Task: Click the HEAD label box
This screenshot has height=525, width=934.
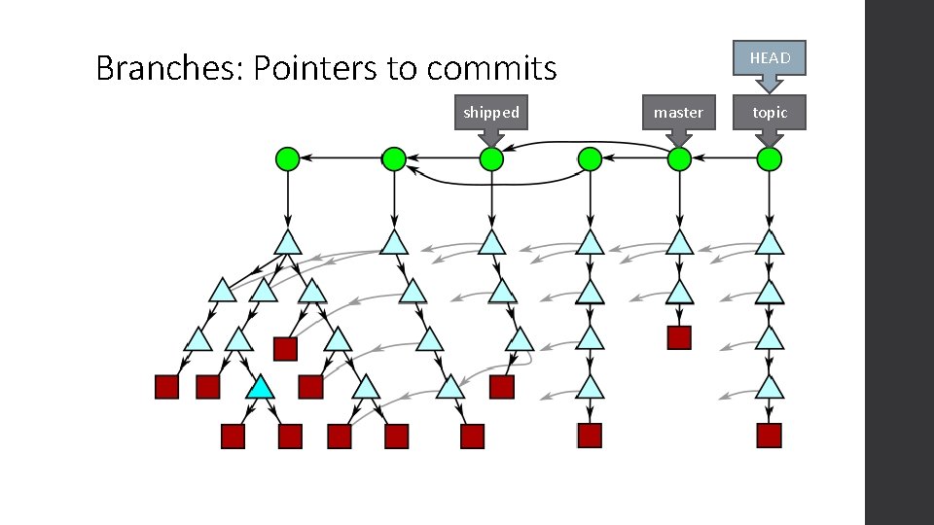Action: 770,58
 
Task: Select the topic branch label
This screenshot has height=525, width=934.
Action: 770,113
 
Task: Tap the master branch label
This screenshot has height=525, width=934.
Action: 678,113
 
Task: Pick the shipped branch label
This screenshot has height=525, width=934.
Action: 491,113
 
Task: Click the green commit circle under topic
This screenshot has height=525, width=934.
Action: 770,158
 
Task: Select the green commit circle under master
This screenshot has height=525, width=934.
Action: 679,158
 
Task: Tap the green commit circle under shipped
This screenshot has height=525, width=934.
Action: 491,158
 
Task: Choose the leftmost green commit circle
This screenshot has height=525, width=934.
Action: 288,158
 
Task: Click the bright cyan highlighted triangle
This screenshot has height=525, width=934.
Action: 259,389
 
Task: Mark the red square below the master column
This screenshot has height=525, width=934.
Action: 679,337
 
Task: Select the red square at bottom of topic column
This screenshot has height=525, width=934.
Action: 770,435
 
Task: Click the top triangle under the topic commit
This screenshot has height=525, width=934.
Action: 770,243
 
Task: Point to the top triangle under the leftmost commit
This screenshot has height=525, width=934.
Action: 288,243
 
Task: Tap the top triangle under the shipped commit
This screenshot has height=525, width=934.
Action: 491,243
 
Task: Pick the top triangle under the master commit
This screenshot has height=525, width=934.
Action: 679,243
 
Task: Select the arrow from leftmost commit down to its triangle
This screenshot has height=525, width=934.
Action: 288,199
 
